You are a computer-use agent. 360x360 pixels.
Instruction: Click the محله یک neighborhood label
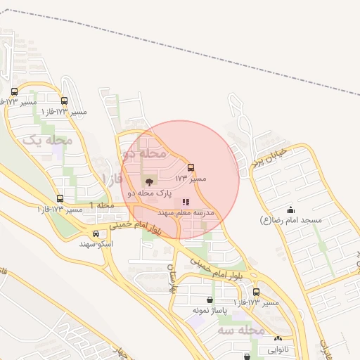pos(49,141)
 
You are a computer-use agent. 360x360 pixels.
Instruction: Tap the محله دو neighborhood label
pos(145,152)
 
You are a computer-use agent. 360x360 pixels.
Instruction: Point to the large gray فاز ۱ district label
pos(112,179)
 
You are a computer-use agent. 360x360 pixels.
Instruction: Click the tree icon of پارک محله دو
pos(147,182)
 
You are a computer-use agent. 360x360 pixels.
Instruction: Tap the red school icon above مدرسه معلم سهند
pos(186,202)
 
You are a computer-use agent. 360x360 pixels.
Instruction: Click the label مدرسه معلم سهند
pos(186,212)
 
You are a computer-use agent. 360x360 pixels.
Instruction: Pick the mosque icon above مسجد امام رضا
pos(291,210)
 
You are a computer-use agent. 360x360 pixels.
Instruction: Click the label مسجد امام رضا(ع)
pos(291,220)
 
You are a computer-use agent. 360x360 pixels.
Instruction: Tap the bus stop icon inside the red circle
pos(191,168)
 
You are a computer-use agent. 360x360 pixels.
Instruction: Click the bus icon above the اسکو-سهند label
pos(96,233)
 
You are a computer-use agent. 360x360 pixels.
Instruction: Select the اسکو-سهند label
pos(96,243)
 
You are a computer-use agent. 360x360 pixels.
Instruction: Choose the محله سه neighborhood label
pos(240,330)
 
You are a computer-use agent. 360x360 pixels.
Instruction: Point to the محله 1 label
pos(101,205)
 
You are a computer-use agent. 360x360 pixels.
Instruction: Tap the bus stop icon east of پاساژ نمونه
pos(256,292)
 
